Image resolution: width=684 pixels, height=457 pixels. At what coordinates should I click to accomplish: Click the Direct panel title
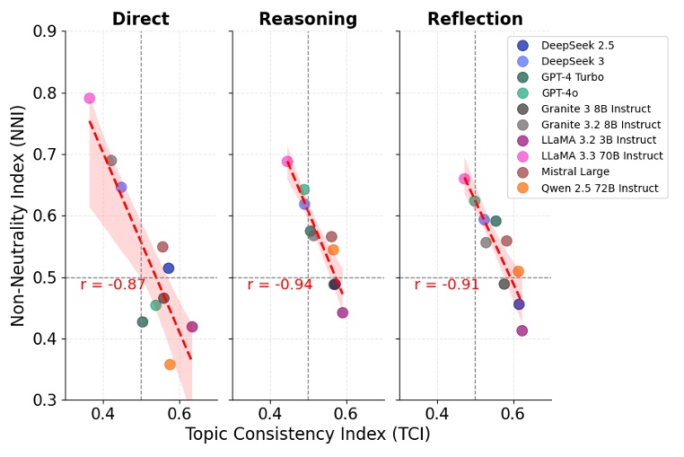tap(141, 19)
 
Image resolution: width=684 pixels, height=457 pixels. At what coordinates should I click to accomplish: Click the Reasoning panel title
tap(308, 19)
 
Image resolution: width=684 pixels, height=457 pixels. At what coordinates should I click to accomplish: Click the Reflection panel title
tap(475, 19)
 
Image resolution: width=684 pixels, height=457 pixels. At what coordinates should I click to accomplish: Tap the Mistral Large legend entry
tap(579, 172)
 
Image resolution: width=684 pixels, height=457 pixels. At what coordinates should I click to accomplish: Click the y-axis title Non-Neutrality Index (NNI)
tap(18, 215)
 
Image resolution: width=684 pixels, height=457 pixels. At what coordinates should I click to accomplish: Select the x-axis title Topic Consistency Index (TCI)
tap(308, 435)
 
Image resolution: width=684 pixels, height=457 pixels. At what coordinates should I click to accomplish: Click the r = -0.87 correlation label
tap(113, 285)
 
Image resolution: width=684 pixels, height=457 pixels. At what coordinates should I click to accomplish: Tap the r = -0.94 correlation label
tap(280, 285)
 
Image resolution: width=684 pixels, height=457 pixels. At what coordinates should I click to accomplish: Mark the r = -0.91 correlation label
tap(447, 285)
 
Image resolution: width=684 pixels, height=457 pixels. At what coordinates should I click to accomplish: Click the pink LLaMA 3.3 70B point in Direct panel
tap(90, 99)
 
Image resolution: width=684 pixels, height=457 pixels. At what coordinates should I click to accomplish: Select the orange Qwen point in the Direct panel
tap(170, 365)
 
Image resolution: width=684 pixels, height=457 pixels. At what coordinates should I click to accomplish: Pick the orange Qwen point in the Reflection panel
tap(518, 271)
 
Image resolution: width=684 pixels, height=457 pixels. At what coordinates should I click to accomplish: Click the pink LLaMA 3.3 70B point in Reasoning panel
tap(287, 162)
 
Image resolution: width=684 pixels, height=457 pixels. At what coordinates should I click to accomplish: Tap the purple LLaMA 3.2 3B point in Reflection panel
tap(522, 330)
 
